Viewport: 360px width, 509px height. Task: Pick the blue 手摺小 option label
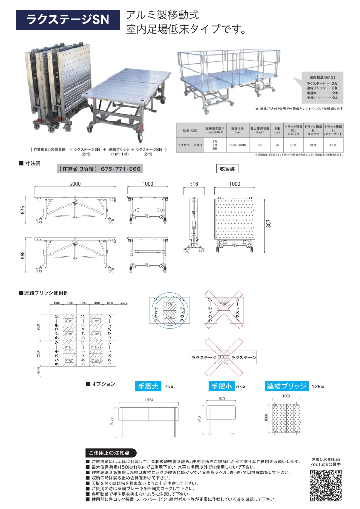pos(221,386)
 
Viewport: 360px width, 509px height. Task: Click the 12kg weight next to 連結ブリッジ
pos(318,386)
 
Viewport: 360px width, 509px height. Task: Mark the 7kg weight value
pos(168,386)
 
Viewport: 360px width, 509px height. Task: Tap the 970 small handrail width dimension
pos(221,399)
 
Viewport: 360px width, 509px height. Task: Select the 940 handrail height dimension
pos(199,419)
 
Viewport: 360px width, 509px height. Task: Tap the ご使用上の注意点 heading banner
pos(110,453)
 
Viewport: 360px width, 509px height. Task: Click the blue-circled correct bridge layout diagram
pos(169,312)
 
